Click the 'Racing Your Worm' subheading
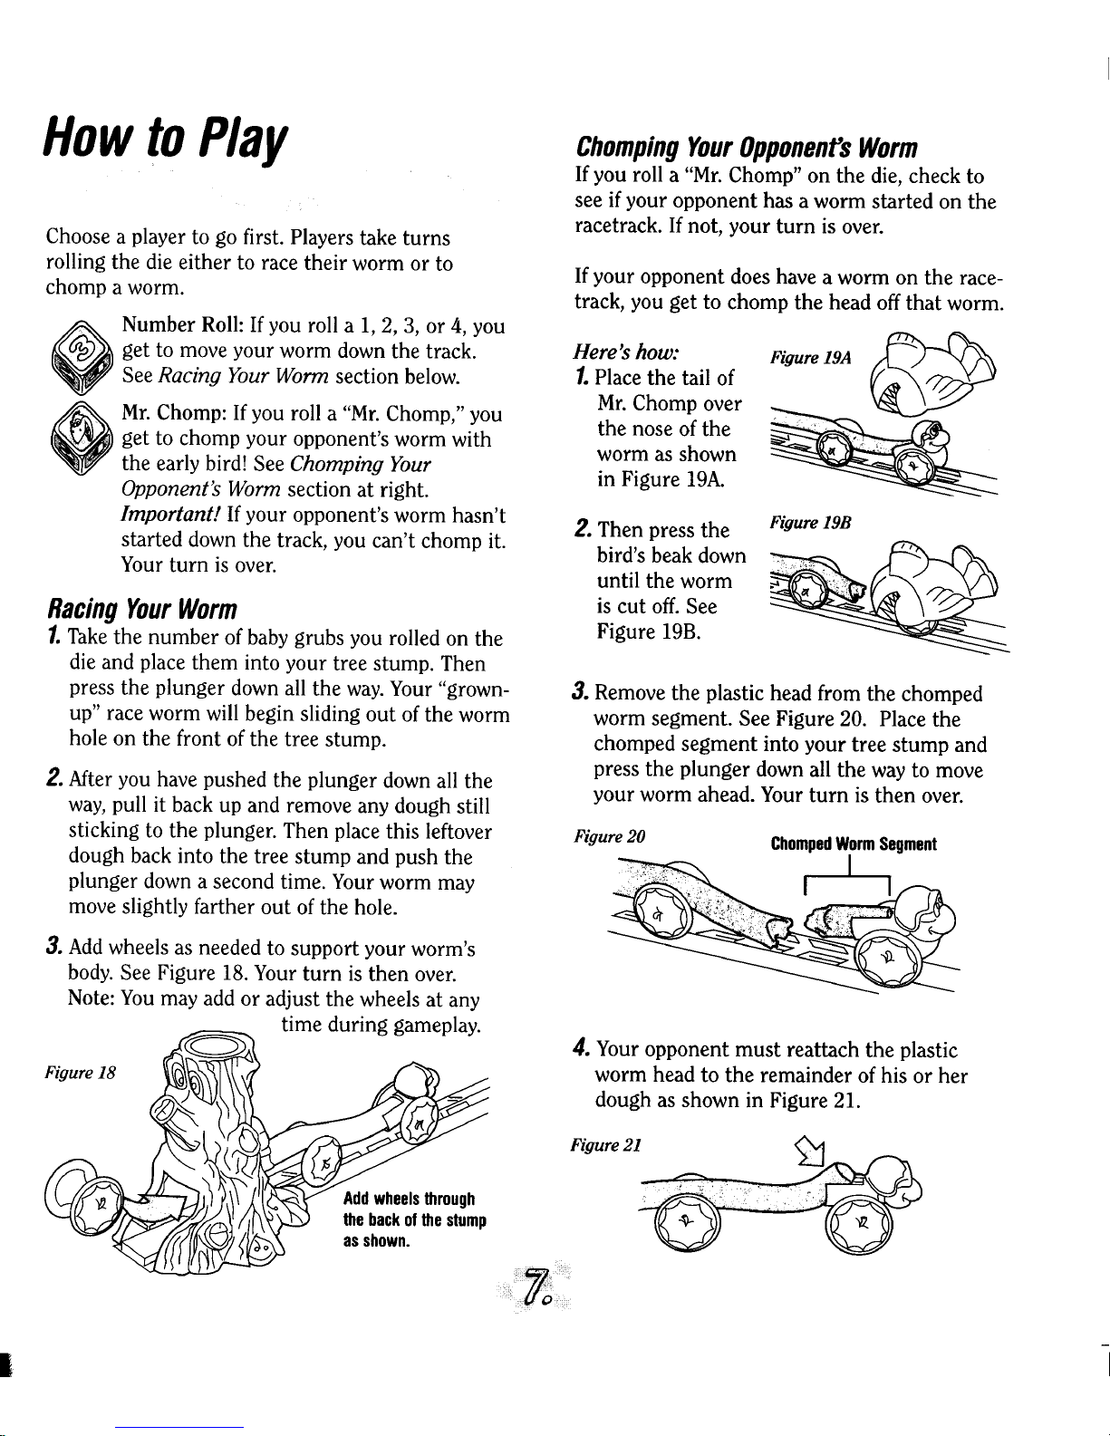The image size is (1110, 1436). click(142, 607)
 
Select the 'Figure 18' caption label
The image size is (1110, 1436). click(76, 1078)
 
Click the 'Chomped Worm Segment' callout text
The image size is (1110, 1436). click(853, 844)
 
